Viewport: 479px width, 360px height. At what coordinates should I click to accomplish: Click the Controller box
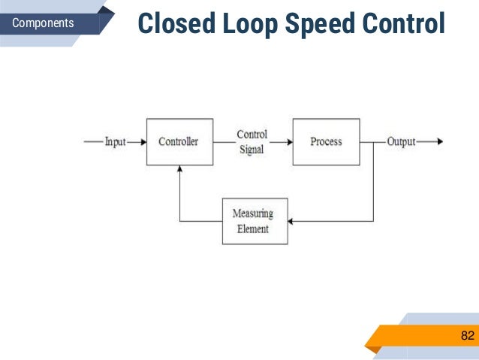click(179, 141)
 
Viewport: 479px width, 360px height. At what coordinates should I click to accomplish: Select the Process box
click(325, 141)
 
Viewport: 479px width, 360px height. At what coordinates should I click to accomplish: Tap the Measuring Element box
click(255, 221)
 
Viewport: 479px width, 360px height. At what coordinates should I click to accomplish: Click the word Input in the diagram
click(115, 141)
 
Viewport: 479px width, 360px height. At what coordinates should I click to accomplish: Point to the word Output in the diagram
click(401, 141)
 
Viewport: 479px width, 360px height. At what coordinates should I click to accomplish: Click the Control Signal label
click(252, 141)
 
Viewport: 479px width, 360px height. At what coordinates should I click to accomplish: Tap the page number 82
click(467, 335)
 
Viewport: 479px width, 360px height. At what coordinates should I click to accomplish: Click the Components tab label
click(44, 23)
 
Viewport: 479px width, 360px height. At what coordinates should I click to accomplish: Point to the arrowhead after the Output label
click(439, 141)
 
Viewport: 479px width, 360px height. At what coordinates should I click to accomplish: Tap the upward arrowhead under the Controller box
click(179, 170)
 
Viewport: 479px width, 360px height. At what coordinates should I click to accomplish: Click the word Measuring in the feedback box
click(252, 213)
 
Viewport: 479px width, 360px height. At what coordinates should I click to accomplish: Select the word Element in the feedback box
click(252, 228)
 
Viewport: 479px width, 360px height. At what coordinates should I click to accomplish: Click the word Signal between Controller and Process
click(252, 149)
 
